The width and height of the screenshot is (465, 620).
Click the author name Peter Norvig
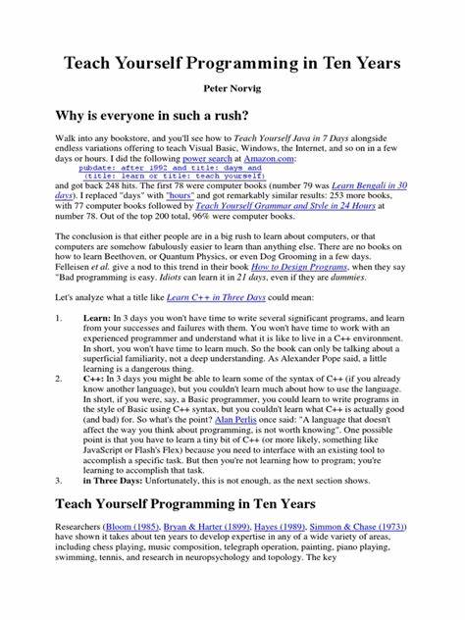tap(232, 87)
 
